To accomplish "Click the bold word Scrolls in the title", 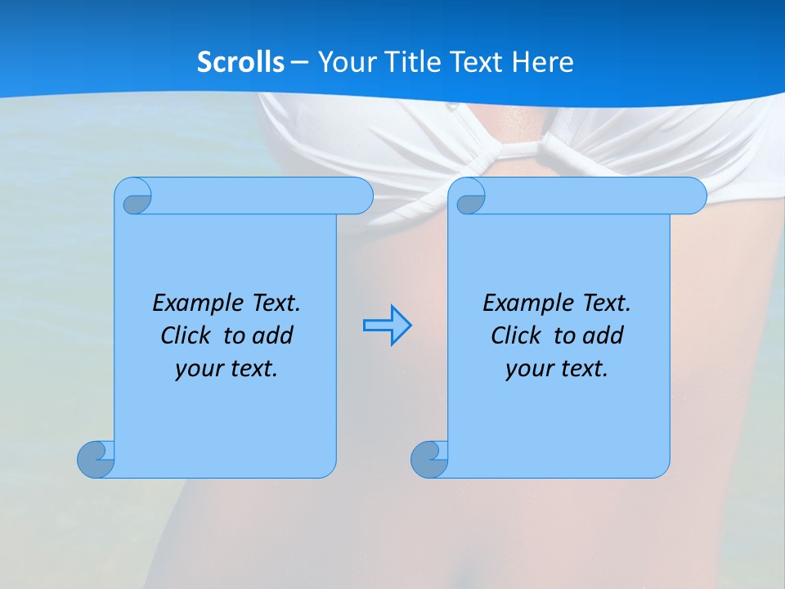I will pos(240,61).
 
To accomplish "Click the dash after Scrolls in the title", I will pos(299,62).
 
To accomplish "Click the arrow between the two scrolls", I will pos(387,325).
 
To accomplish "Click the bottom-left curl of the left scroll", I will pos(96,459).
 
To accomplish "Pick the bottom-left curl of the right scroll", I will pos(429,459).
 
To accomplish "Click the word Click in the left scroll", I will pos(179,335).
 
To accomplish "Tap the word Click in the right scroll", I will pos(509,335).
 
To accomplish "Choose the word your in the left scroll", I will pos(195,369).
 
